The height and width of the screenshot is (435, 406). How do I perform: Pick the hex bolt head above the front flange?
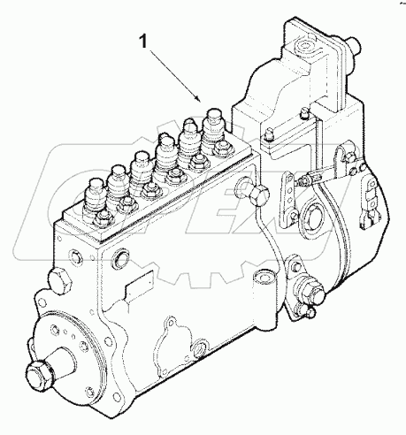[x=63, y=284]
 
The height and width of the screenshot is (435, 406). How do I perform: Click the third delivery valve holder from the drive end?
[x=140, y=164]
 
